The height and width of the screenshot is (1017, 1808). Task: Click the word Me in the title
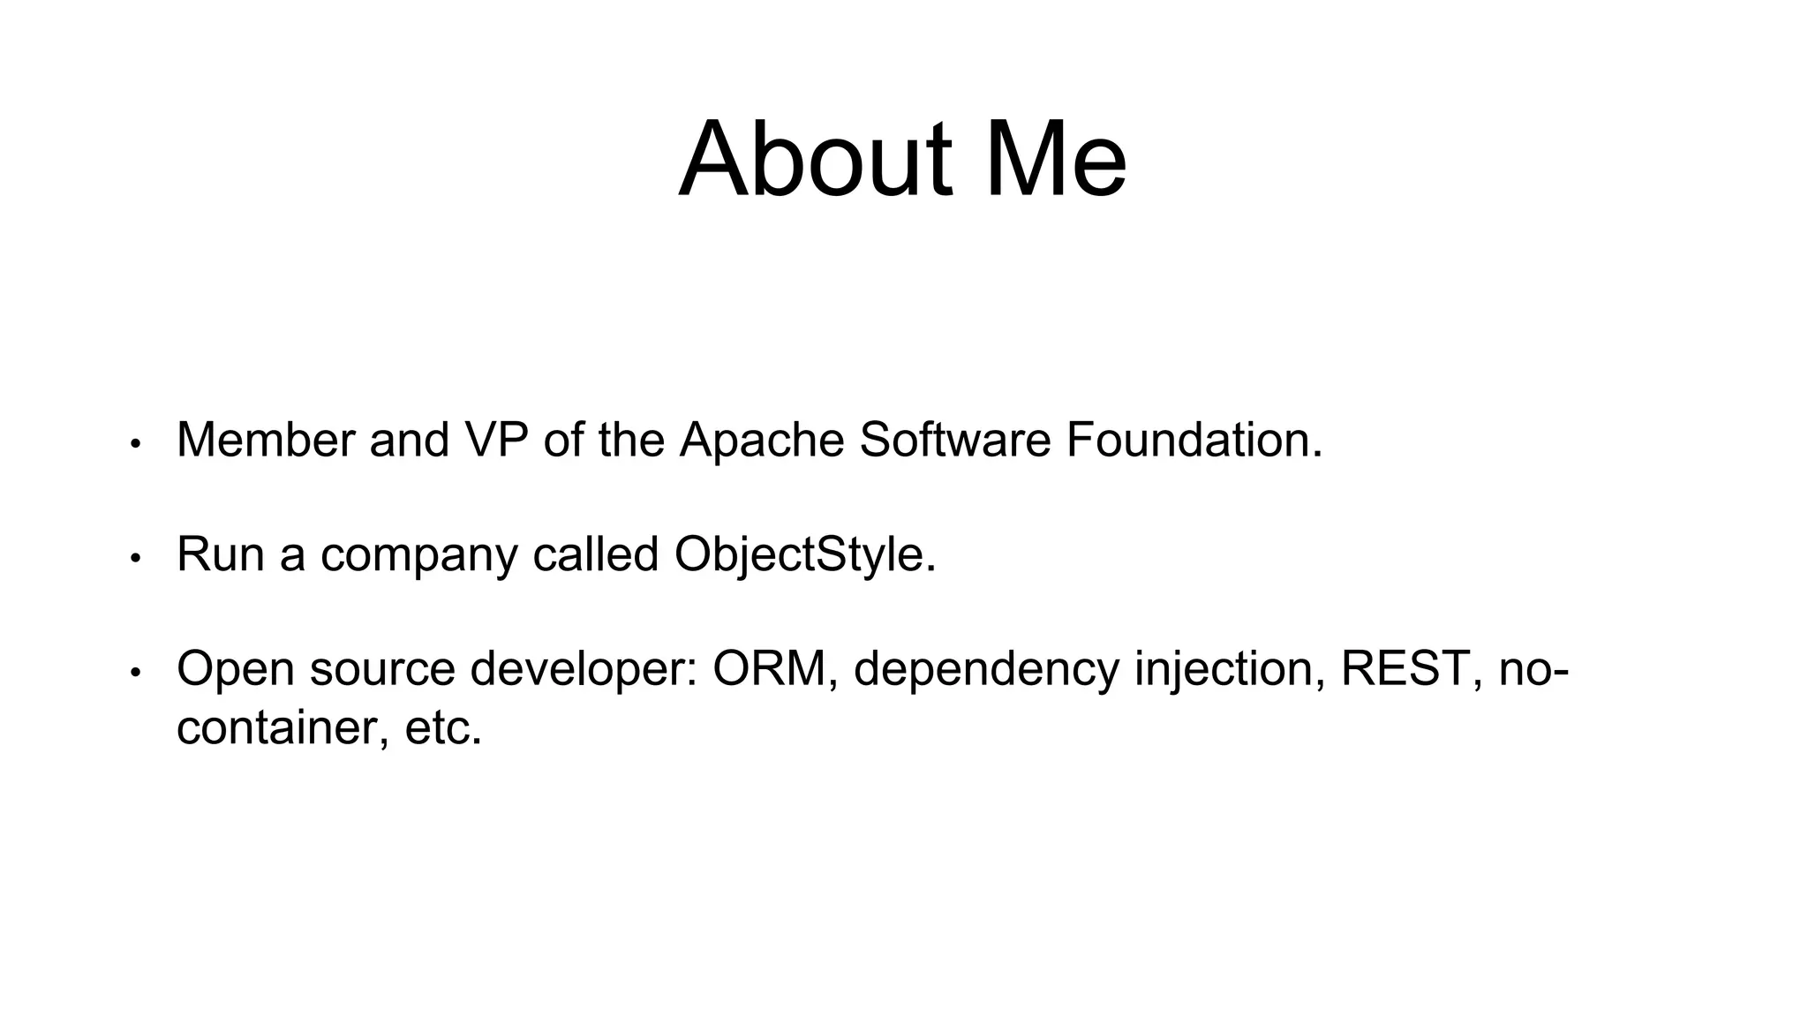coord(1054,161)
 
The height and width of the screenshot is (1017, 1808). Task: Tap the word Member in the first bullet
coord(265,440)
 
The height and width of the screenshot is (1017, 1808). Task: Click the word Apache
coord(761,440)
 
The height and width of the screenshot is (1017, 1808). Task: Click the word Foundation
coord(1194,440)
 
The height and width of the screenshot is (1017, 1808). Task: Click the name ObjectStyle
coord(803,556)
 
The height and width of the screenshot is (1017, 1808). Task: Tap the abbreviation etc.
coord(443,729)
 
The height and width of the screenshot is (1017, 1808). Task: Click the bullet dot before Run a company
coord(135,559)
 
